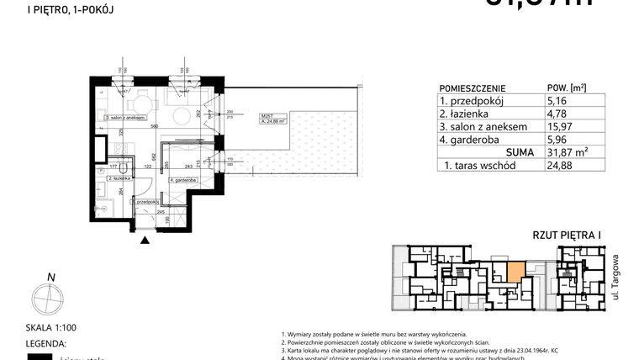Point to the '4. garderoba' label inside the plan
pyautogui.click(x=182, y=180)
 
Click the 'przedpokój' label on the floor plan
pyautogui.click(x=146, y=202)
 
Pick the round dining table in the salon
pyautogui.click(x=135, y=105)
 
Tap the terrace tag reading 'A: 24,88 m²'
pyautogui.click(x=251, y=121)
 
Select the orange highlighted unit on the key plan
pyautogui.click(x=512, y=271)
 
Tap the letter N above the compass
pyautogui.click(x=51, y=278)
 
